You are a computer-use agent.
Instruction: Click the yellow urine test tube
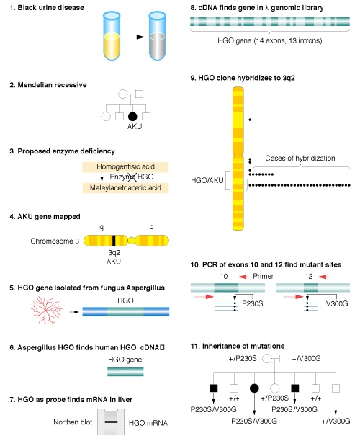(112, 36)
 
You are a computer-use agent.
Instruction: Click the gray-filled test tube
(157, 36)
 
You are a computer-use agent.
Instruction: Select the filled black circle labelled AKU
(132, 116)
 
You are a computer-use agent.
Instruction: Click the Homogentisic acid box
(125, 166)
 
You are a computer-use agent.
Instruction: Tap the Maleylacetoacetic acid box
(125, 188)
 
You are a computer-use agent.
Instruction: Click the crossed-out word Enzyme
(122, 177)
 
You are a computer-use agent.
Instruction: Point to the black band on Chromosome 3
(114, 241)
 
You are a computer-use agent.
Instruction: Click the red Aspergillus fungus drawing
(47, 310)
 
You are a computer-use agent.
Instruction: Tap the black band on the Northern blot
(111, 422)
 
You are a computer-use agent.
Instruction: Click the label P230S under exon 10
(253, 304)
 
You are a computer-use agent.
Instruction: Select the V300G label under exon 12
(337, 304)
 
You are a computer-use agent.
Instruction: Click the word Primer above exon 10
(263, 276)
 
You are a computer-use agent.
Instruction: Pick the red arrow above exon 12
(325, 277)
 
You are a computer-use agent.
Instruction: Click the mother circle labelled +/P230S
(266, 359)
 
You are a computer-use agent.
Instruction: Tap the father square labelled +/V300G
(283, 359)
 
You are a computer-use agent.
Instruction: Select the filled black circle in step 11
(254, 388)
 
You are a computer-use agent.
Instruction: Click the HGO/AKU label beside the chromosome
(207, 180)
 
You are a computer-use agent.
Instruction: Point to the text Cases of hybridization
(300, 158)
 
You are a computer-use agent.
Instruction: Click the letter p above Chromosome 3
(151, 227)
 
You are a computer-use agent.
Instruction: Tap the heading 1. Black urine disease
(47, 8)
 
